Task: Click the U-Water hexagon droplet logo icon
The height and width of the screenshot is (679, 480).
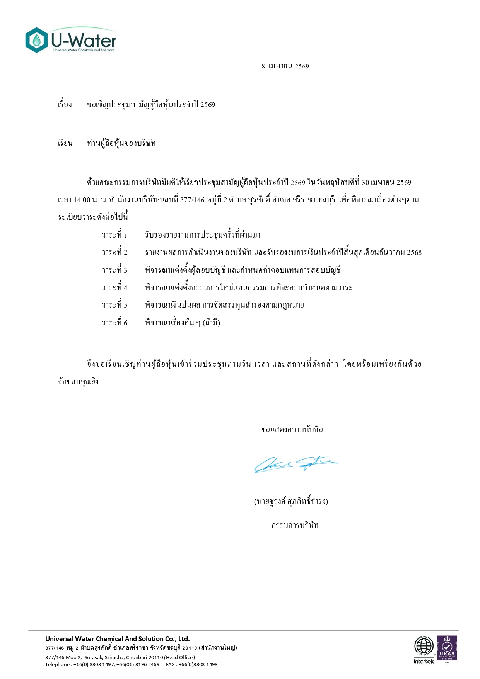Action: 36,40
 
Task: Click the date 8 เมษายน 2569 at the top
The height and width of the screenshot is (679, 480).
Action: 285,66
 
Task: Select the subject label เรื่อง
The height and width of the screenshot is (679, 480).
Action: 65,104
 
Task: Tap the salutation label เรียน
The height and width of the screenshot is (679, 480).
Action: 65,143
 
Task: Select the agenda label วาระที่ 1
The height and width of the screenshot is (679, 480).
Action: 114,235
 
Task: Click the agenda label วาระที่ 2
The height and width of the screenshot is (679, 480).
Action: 114,252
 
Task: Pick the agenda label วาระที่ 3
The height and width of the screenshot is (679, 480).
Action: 114,270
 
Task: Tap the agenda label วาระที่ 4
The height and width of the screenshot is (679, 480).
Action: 114,287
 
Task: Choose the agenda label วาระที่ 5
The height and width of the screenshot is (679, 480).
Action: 114,305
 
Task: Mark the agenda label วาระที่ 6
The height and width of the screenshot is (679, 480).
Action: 114,323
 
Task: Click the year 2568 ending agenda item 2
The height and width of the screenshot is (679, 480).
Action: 414,253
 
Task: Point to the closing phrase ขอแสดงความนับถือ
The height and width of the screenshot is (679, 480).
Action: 292,429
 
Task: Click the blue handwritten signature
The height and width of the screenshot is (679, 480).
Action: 295,464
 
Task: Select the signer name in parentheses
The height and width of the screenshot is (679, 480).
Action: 291,501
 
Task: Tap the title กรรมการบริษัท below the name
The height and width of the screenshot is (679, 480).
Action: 295,525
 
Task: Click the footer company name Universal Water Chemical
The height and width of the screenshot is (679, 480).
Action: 117,639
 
